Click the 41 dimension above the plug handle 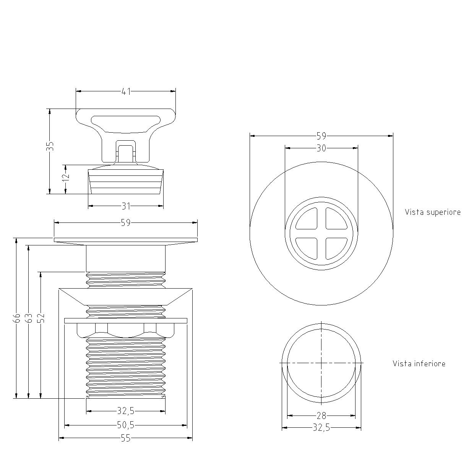pos(126,92)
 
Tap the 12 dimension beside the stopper pos(66,177)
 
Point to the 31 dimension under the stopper pos(126,206)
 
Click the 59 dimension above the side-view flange pos(126,223)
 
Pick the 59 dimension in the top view pos(321,136)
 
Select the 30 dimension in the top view pos(321,148)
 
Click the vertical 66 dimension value pos(17,318)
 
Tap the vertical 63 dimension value pos(29,318)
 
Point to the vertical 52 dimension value pos(41,318)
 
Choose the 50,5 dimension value pos(126,425)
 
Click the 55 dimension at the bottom pos(126,438)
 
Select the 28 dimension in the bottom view pos(321,416)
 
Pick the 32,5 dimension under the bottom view pos(321,428)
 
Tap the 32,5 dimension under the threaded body pos(126,411)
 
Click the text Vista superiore pos(433,212)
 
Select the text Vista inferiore pos(419,364)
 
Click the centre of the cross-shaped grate pos(321,234)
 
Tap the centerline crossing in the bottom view pos(321,363)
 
